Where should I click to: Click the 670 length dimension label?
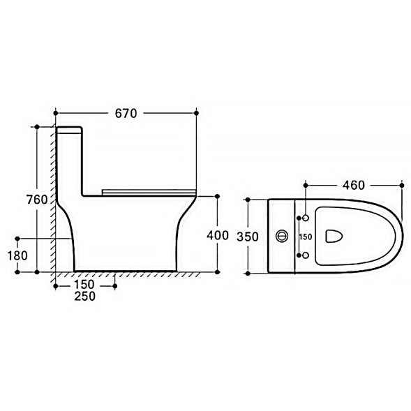[x=126, y=113]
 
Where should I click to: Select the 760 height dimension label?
[x=37, y=200]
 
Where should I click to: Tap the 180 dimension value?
[x=17, y=255]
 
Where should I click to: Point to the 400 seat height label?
[x=218, y=235]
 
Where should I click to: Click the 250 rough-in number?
[x=84, y=296]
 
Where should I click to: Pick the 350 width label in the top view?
[x=248, y=237]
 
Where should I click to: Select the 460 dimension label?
[x=354, y=186]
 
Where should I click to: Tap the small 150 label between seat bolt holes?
[x=306, y=237]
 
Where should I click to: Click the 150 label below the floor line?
[x=84, y=285]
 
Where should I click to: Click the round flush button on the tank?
[x=282, y=236]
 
